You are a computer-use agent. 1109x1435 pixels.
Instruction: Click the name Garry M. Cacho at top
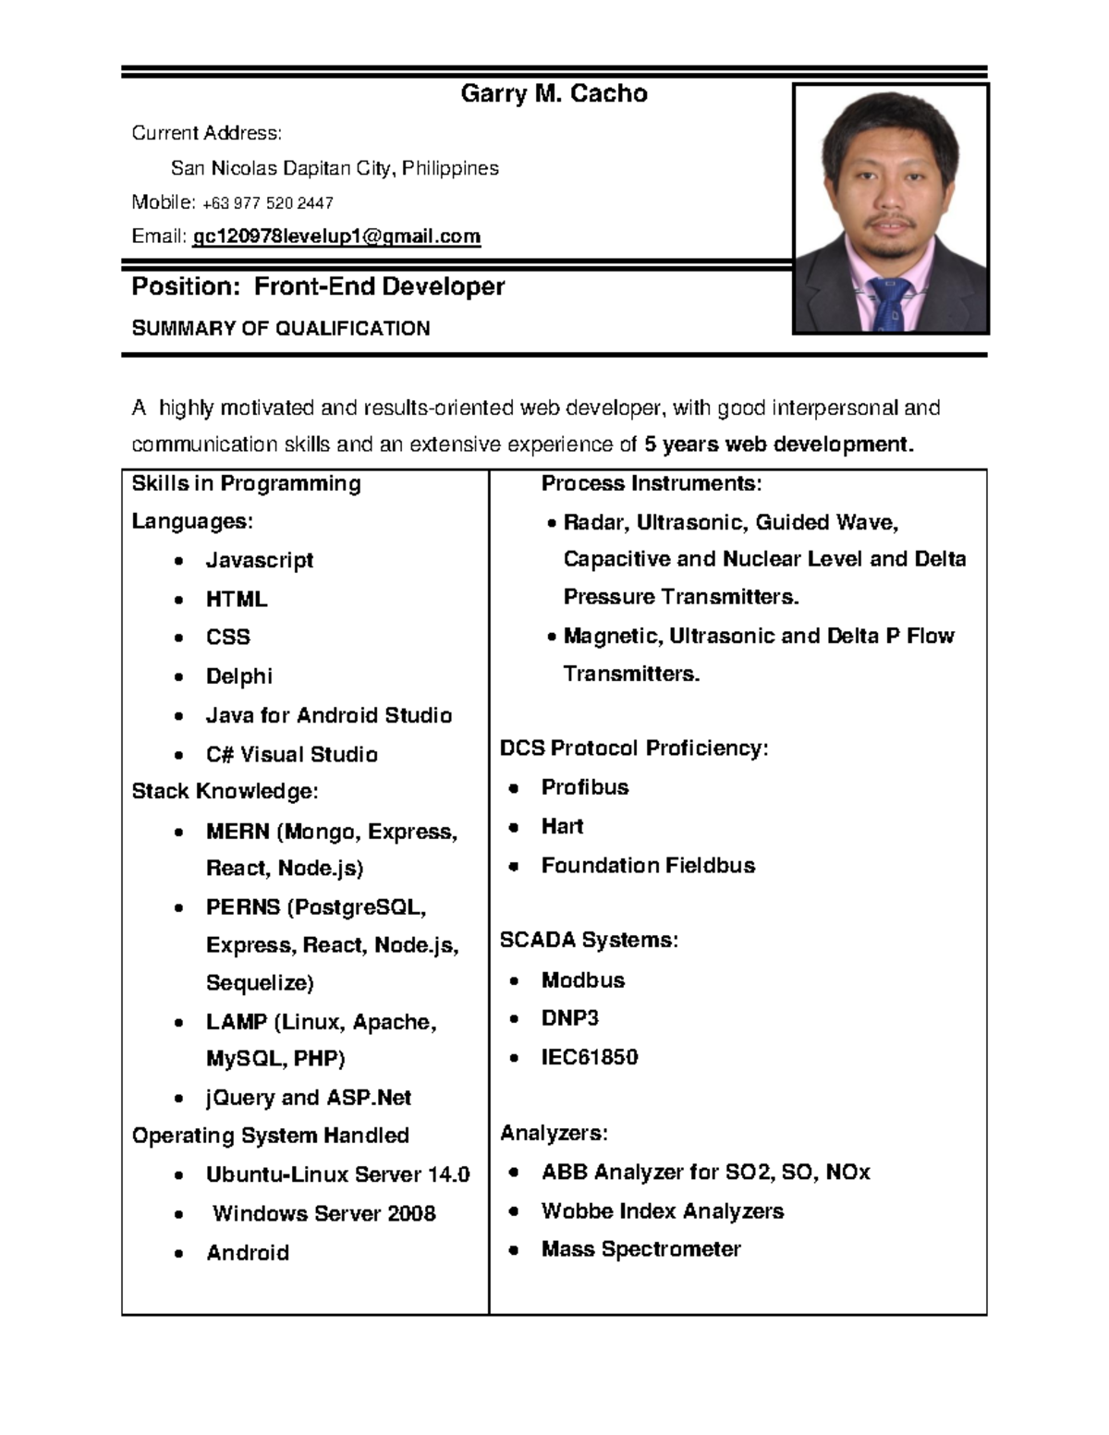coord(554,93)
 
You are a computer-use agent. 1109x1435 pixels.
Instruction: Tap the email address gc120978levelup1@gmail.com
coord(336,237)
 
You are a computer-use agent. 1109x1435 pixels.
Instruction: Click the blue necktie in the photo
coord(888,300)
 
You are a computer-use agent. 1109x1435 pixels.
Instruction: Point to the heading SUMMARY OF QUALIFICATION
coord(280,329)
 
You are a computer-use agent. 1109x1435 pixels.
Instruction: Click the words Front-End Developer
coord(379,286)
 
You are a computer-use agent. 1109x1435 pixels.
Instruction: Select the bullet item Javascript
coord(260,560)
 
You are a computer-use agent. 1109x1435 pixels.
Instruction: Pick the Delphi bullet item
coord(238,675)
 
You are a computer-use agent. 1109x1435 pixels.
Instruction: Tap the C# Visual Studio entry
coord(291,754)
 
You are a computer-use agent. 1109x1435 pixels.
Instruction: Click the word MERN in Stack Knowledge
coord(238,832)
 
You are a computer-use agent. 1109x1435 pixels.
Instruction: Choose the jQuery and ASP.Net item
coord(308,1098)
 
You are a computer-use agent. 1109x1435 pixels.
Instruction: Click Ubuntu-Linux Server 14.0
coord(337,1174)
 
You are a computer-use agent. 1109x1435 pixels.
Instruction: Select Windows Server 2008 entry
coord(323,1213)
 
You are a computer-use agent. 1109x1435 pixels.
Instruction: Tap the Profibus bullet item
coord(584,787)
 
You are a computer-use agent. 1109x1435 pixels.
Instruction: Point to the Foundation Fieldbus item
coord(648,866)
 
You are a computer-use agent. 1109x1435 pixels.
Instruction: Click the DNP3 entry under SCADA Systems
coord(569,1018)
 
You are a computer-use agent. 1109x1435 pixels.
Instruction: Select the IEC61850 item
coord(589,1057)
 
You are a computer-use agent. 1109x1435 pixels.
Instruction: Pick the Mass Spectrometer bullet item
coord(640,1249)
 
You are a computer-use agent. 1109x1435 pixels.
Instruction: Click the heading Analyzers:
coord(554,1133)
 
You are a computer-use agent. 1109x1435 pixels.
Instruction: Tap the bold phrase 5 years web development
coord(778,444)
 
